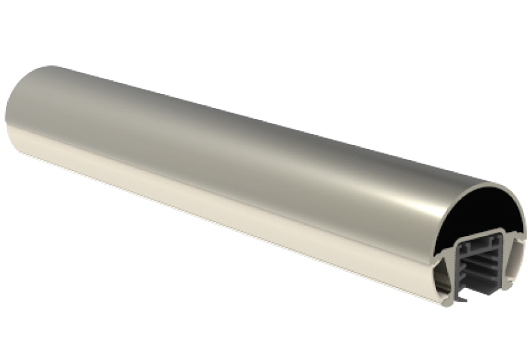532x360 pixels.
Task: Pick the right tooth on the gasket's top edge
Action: coord(499,242)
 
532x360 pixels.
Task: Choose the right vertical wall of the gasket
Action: coord(502,265)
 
